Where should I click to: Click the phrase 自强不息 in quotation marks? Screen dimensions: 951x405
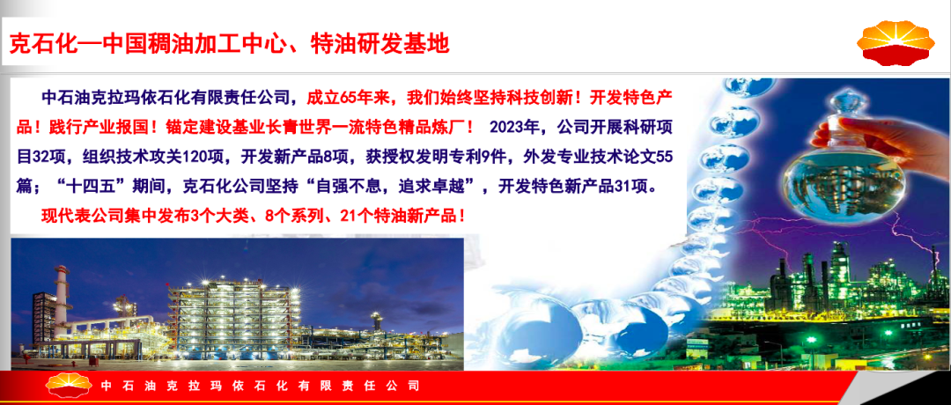347,188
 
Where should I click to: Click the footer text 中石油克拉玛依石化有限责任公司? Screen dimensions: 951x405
259,386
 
